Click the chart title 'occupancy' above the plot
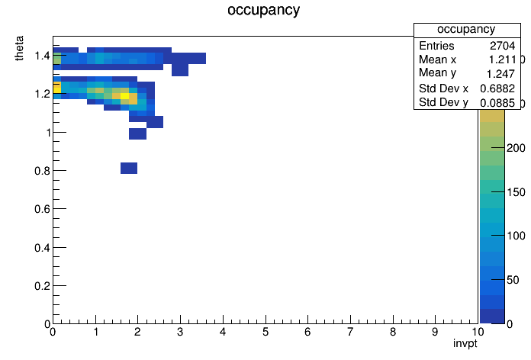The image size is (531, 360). click(x=263, y=10)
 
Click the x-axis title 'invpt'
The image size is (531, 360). click(x=465, y=343)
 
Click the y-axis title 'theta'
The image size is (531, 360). click(x=19, y=48)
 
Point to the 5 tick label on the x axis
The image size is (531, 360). click(x=265, y=332)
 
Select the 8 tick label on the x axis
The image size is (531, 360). click(x=393, y=332)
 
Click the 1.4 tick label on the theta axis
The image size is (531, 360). click(x=42, y=56)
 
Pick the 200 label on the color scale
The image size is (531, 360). click(x=516, y=148)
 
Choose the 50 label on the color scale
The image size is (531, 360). click(x=513, y=280)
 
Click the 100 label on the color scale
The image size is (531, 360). click(x=516, y=236)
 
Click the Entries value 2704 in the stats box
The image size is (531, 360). click(x=502, y=46)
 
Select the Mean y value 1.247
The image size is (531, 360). click(x=500, y=74)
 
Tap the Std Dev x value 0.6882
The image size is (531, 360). click(x=497, y=88)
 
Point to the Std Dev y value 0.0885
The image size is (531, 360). click(x=497, y=103)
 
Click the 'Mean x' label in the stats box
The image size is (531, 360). click(x=437, y=59)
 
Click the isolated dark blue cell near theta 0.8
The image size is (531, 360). click(x=129, y=168)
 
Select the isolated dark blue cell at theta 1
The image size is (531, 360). click(x=137, y=133)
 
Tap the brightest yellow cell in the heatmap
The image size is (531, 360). click(x=124, y=96)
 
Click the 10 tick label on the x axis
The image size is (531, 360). click(x=477, y=332)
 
